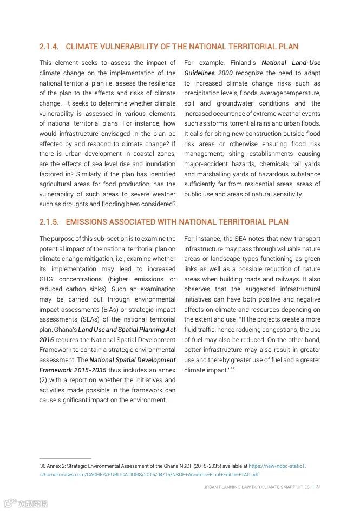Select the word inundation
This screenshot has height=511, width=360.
[157, 164]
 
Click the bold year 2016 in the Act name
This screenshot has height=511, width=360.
[47, 340]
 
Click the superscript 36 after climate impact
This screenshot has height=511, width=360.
[232, 369]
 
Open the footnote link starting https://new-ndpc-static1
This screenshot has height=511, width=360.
[277, 466]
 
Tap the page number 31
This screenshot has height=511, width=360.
[319, 487]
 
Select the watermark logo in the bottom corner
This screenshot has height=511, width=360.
[25, 503]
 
